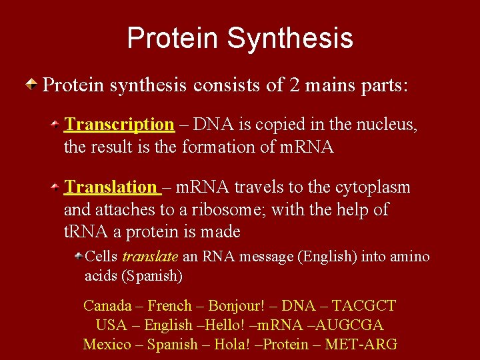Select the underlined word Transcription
(x=119, y=125)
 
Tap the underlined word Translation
(x=110, y=188)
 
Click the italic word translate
(x=150, y=257)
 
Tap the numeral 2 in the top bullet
(x=296, y=85)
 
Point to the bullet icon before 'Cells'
(x=78, y=256)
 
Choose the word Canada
(x=107, y=306)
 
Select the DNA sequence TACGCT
(x=364, y=306)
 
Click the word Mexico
(x=107, y=345)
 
